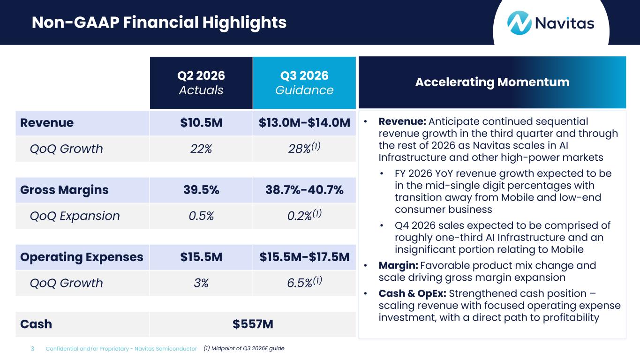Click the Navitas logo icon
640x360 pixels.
pyautogui.click(x=519, y=23)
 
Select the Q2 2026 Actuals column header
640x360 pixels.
pyautogui.click(x=201, y=82)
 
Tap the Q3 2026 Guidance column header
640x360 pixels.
pyautogui.click(x=304, y=82)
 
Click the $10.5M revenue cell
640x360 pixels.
pyautogui.click(x=201, y=123)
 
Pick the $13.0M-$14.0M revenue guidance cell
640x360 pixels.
pyautogui.click(x=304, y=123)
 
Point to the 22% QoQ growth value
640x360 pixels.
pyautogui.click(x=201, y=149)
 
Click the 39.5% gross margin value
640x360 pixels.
pyautogui.click(x=201, y=190)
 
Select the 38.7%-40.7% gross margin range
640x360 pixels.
pyautogui.click(x=304, y=190)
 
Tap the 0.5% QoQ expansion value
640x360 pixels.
pyautogui.click(x=201, y=216)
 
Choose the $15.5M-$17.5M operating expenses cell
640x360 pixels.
pyautogui.click(x=304, y=257)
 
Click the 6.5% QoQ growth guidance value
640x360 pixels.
pyautogui.click(x=304, y=282)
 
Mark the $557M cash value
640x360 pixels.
pyautogui.click(x=253, y=324)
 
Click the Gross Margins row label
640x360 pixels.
pyautogui.click(x=64, y=190)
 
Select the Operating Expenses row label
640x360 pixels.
pyautogui.click(x=82, y=257)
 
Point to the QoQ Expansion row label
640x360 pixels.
pyautogui.click(x=75, y=216)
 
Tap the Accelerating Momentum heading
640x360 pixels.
pyautogui.click(x=492, y=82)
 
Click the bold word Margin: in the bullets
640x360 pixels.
pyautogui.click(x=398, y=266)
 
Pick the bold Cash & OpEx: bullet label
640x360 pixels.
pyautogui.click(x=412, y=293)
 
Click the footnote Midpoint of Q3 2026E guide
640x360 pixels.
pyautogui.click(x=244, y=348)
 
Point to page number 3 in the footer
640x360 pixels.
pyautogui.click(x=32, y=349)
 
